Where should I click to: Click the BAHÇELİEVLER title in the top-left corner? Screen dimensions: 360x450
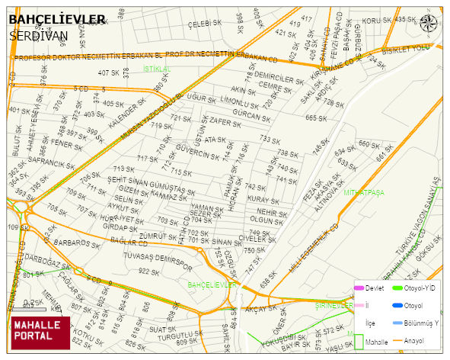[x=57, y=19]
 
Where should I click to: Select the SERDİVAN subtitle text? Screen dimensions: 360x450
[x=39, y=35]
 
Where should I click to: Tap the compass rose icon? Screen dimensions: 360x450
[x=429, y=23]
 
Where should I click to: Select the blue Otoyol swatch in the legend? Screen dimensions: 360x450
[x=397, y=306]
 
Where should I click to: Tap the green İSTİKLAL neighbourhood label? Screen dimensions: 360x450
[x=157, y=69]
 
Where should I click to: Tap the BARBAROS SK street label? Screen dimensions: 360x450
[x=72, y=244]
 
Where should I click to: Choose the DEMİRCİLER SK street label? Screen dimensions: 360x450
[x=279, y=78]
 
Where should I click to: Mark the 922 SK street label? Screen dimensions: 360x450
[x=148, y=272]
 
